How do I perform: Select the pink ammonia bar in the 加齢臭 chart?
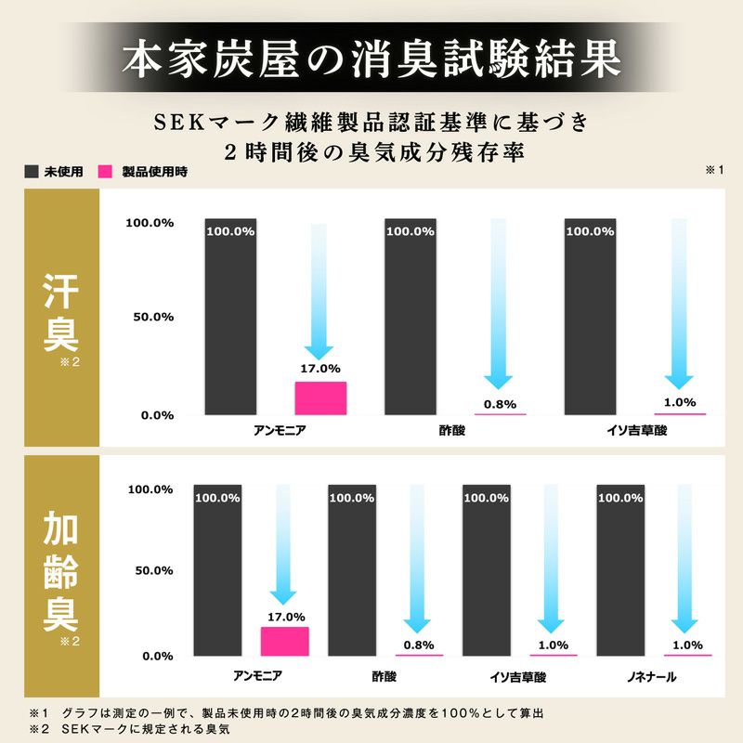tap(285, 641)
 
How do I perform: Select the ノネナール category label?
tap(649, 678)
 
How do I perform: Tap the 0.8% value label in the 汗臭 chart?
tap(500, 403)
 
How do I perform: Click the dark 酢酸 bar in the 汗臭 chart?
tap(411, 316)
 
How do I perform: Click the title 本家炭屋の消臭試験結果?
tap(371, 58)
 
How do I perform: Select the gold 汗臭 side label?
tap(61, 316)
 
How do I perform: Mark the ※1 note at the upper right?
tap(714, 170)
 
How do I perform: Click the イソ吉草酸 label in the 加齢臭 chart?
tap(515, 678)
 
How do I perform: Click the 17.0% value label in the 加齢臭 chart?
tap(285, 616)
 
